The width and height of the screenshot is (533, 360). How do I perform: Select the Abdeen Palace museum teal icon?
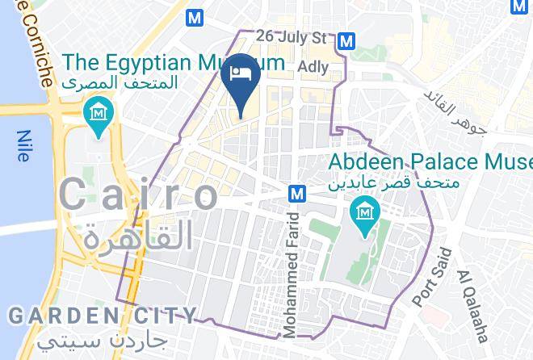coord(365,213)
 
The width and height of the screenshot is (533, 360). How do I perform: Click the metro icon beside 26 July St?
coord(347,40)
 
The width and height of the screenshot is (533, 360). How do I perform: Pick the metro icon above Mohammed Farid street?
coord(297,193)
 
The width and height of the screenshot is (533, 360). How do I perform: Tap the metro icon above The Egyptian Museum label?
coord(194,16)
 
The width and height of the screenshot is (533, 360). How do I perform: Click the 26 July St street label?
coord(291,37)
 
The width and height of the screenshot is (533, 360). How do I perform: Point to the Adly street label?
coord(313,66)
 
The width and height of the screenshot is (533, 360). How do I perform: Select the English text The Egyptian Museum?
coord(174,62)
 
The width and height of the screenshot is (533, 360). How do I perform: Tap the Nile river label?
coord(22,146)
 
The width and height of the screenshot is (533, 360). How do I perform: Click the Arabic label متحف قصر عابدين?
coord(394,183)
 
